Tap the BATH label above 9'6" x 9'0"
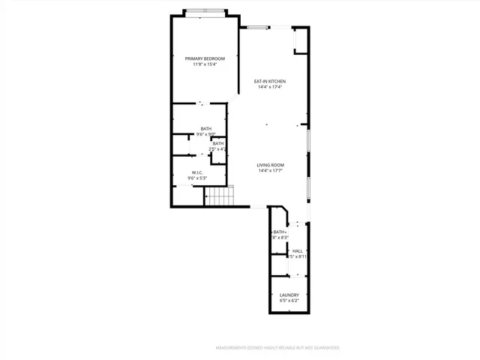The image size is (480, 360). coord(205,129)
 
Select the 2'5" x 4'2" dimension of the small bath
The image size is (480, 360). coord(218,149)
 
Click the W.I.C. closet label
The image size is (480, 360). coord(198,172)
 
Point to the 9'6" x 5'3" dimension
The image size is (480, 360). coord(198,178)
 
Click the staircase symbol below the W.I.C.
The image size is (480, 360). coord(220,197)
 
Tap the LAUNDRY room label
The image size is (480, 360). coord(289,295)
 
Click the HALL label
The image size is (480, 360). coord(298,250)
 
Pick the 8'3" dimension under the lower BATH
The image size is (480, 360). coord(280,238)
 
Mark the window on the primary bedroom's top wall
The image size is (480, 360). coord(203,11)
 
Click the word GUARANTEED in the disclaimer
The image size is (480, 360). coord(326,348)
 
